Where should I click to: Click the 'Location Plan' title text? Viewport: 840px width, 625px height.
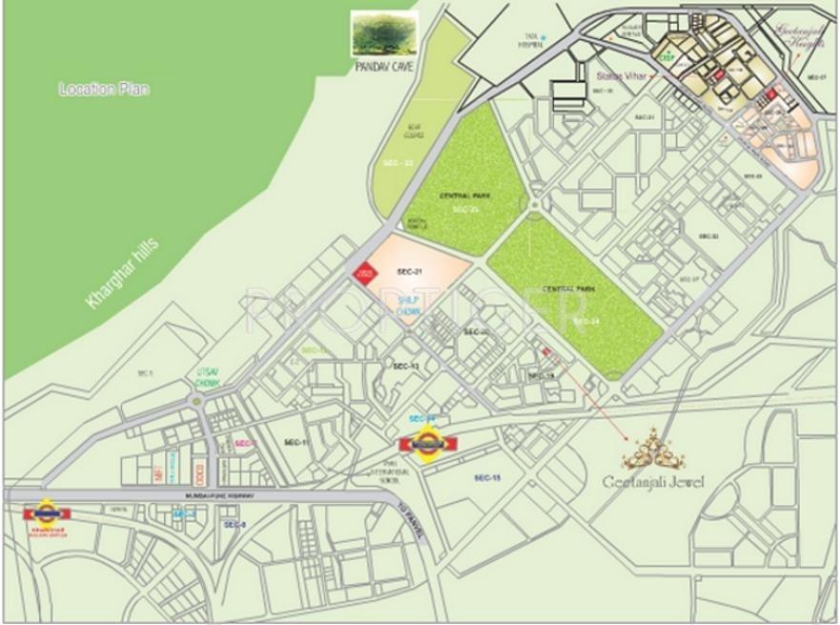105,89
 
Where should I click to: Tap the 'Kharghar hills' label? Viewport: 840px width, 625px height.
125,273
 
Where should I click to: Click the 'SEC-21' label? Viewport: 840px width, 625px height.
412,273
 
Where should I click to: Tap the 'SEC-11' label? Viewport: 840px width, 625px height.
297,443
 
